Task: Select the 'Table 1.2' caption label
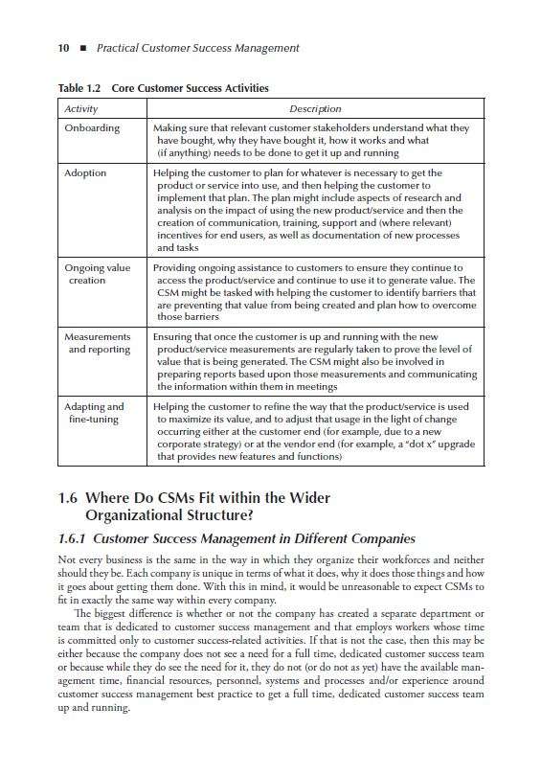tap(79, 88)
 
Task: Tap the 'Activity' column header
tap(81, 109)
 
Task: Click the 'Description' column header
tap(315, 109)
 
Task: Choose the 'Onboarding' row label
tap(92, 128)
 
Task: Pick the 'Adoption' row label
tap(85, 173)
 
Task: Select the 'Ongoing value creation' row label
tap(96, 274)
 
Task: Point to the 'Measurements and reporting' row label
tap(97, 343)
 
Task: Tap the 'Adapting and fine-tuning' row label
tap(94, 413)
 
